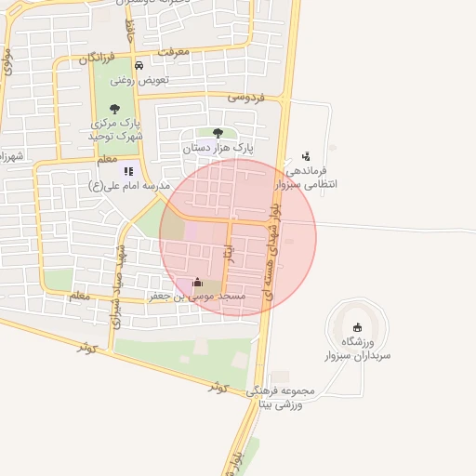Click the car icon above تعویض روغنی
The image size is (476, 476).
139,66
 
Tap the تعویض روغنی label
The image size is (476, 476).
139,81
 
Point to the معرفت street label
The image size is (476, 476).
174,52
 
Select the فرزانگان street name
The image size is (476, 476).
97,59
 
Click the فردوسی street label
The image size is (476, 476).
245,97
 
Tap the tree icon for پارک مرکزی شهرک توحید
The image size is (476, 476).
114,109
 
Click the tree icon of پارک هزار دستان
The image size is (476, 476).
218,133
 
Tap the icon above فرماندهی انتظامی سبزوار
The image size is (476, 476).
306,156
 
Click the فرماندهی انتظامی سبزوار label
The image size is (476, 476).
318,178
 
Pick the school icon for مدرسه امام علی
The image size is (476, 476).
128,170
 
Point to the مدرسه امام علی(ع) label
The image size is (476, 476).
129,186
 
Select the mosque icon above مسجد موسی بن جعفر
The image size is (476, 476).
196,282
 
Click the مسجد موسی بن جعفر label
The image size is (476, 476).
197,297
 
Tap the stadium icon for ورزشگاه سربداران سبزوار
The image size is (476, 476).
358,325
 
